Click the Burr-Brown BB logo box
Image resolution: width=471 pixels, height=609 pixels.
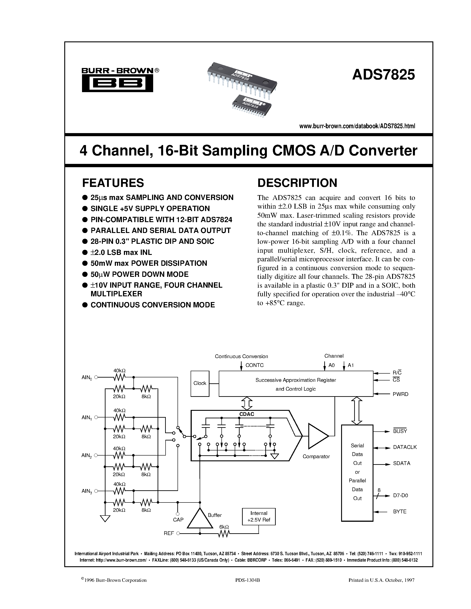coord(117,83)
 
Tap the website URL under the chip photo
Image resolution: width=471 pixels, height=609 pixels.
coord(357,126)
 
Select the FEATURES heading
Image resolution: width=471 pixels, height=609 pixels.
coord(113,183)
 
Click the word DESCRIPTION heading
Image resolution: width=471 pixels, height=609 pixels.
coord(297,183)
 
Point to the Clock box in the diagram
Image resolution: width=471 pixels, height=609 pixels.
coord(200,383)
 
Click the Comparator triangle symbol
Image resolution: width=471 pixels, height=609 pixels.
coord(317,436)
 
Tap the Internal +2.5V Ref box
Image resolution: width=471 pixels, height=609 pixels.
coord(259,517)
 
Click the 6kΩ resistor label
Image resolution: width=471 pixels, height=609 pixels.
coord(224,527)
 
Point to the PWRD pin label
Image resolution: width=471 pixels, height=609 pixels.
coord(401,394)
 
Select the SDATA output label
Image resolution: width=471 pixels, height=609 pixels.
coord(402,463)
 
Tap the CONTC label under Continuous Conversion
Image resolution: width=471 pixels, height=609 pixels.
coord(254,365)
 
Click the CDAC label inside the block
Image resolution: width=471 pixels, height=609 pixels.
coord(247,414)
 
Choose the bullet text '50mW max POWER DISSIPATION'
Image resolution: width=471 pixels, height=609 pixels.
coord(149,263)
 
